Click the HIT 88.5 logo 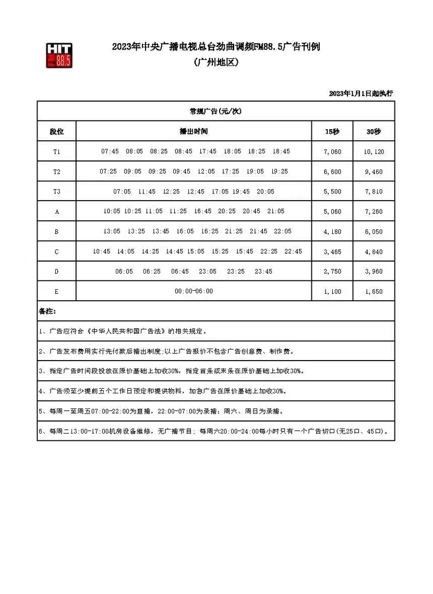[x=59, y=55]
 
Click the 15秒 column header [x=332, y=132]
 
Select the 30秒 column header [x=374, y=132]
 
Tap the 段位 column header [x=56, y=132]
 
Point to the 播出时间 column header [x=194, y=132]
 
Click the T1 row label [x=56, y=152]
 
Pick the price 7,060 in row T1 [x=332, y=152]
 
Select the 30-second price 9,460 [x=374, y=171]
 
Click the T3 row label [x=56, y=192]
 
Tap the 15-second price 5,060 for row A [x=332, y=212]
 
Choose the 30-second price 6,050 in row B [x=374, y=231]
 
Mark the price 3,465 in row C [x=332, y=252]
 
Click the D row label [x=56, y=271]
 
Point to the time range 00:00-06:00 [x=194, y=291]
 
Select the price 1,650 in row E [x=374, y=291]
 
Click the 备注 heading [x=47, y=311]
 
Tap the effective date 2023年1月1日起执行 [x=360, y=93]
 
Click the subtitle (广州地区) [x=215, y=63]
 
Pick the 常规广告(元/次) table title [x=215, y=112]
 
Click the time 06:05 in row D [x=124, y=271]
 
